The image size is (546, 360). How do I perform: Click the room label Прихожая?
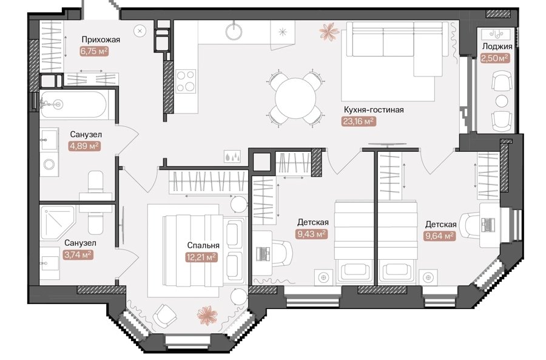[101, 39]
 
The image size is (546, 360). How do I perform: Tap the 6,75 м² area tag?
[94, 52]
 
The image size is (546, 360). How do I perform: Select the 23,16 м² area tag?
[359, 121]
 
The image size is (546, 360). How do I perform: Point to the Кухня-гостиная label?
[374, 110]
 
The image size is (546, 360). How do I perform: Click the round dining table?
[295, 98]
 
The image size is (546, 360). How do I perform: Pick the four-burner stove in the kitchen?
[186, 81]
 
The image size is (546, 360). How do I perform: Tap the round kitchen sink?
[234, 32]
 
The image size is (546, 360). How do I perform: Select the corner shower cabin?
[57, 222]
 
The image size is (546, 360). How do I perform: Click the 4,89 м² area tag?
[85, 146]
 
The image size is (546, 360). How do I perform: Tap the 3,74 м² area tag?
[78, 255]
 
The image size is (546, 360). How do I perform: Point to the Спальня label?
[203, 245]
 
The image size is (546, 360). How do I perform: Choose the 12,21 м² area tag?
[201, 257]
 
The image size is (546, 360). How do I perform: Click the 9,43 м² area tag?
[312, 234]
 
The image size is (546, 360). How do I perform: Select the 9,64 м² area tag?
[440, 236]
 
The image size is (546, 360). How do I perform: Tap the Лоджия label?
[497, 47]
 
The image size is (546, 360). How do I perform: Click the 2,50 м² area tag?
[494, 58]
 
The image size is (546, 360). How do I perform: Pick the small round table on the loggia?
[502, 101]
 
